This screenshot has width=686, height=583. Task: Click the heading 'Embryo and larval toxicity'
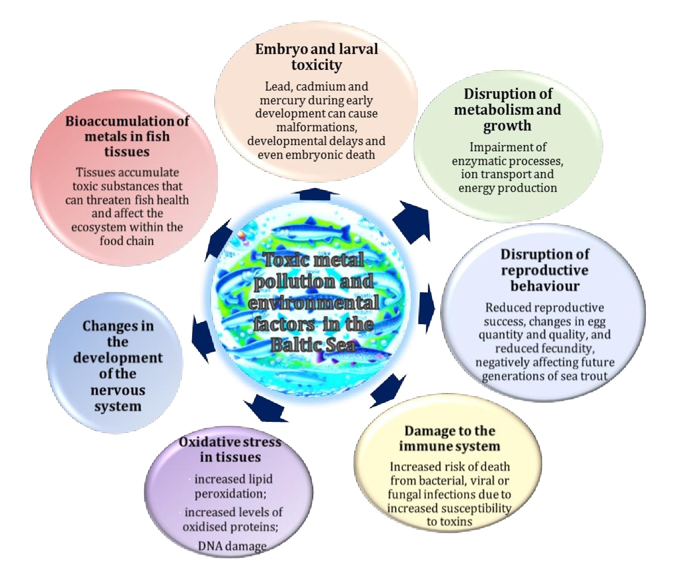click(316, 57)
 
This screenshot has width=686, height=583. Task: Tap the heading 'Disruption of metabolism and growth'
click(507, 110)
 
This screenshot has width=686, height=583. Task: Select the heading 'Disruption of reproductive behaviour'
click(545, 270)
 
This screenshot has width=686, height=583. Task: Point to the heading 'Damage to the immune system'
click(449, 438)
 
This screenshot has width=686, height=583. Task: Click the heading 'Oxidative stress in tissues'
click(230, 449)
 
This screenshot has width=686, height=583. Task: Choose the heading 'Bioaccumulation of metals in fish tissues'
click(127, 136)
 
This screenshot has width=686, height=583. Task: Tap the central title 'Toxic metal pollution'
click(314, 270)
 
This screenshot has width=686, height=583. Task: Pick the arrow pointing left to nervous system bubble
click(203, 335)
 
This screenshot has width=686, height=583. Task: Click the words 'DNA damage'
click(232, 546)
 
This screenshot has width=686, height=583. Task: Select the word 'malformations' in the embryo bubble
click(316, 127)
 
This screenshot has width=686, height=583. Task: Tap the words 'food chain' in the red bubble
click(127, 241)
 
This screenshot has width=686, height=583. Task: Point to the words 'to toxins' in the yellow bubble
click(449, 522)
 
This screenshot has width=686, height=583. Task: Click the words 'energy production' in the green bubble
click(507, 188)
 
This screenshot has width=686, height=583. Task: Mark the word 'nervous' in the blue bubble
click(118, 390)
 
